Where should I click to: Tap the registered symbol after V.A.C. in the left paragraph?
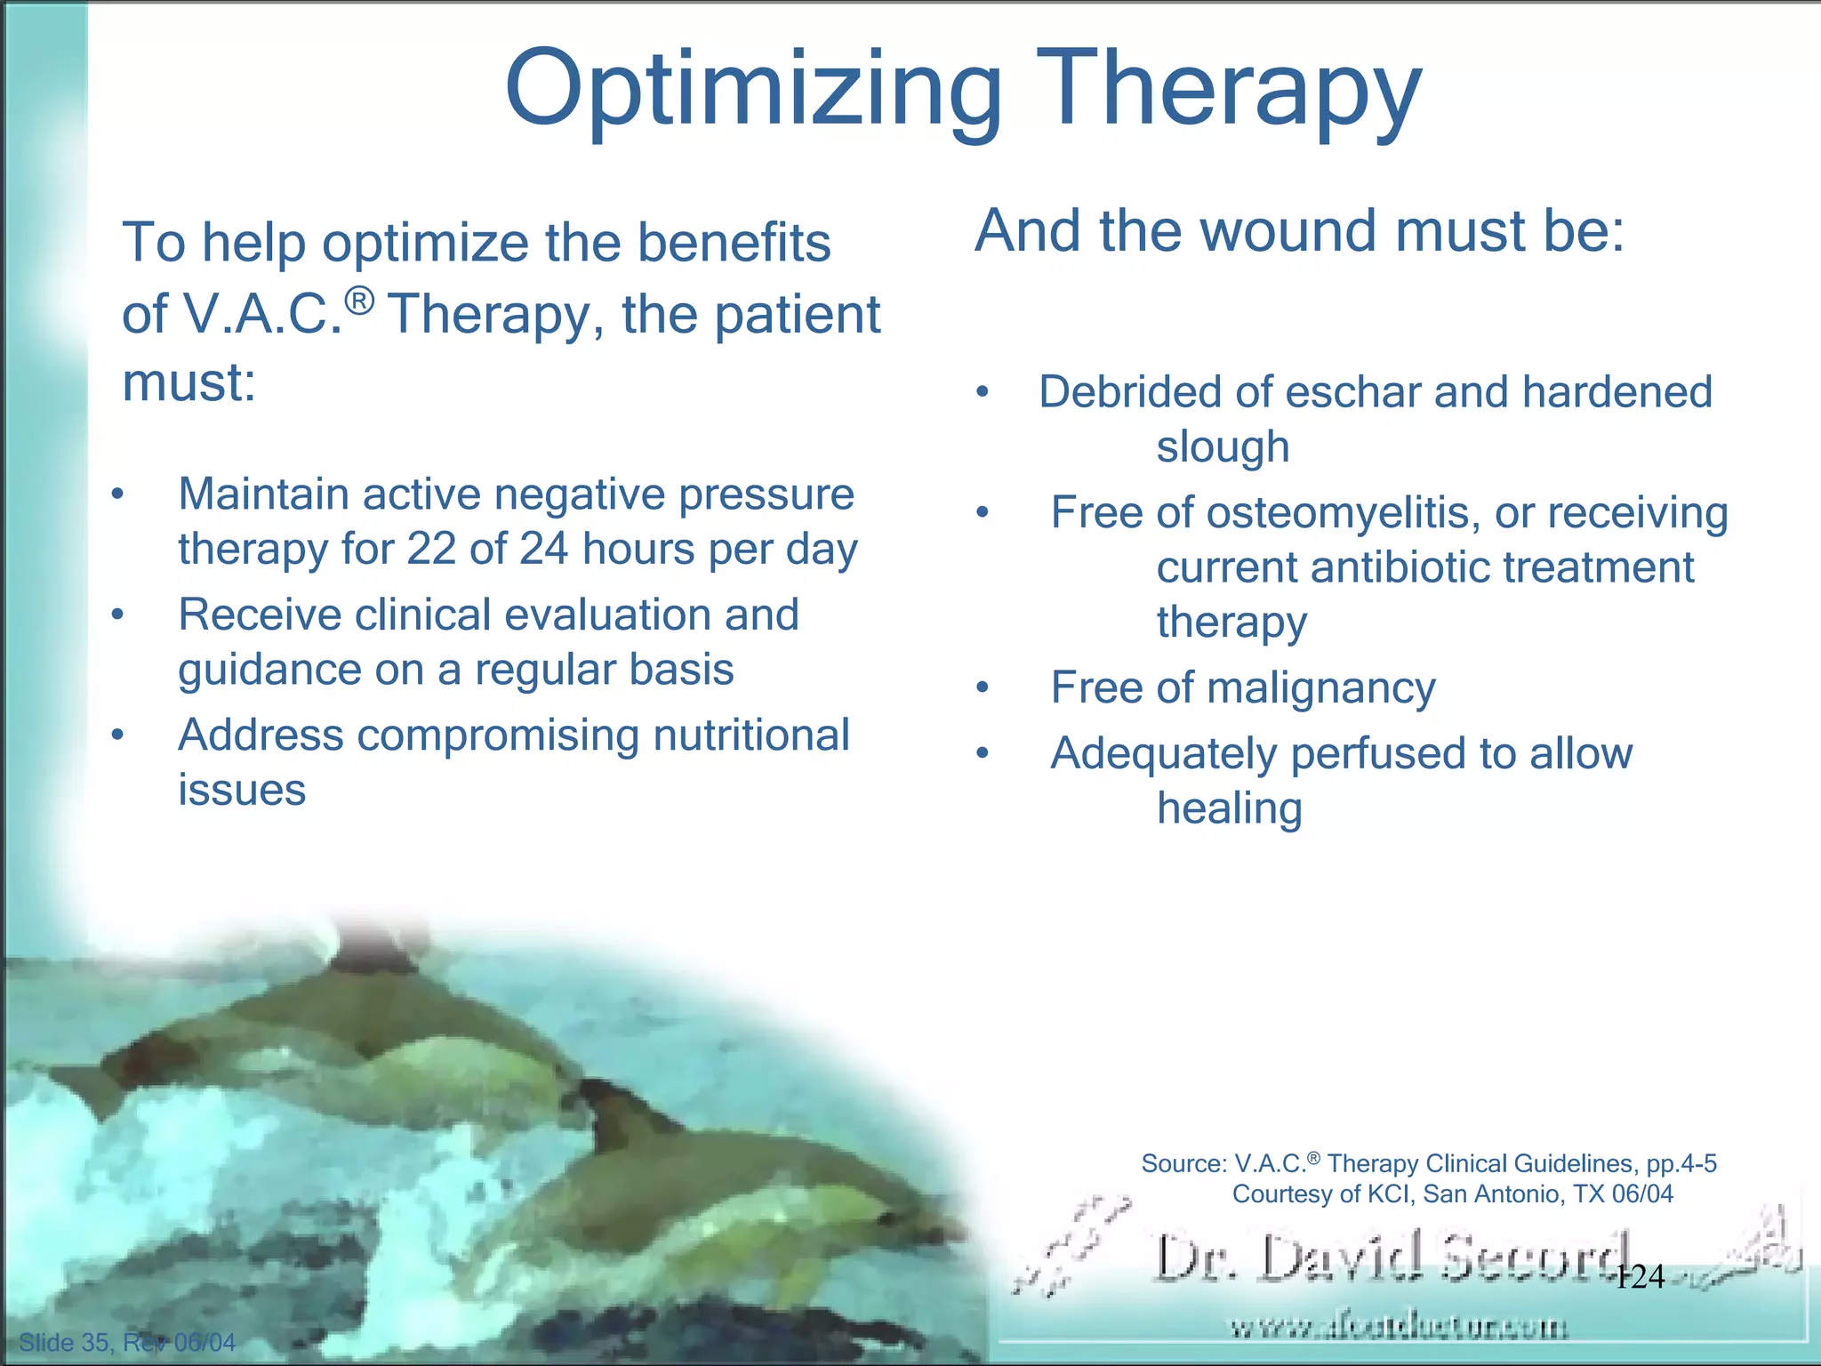[359, 302]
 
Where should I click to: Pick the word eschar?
[1353, 392]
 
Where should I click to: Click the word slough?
[1223, 446]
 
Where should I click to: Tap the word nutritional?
[751, 735]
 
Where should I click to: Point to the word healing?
[1229, 808]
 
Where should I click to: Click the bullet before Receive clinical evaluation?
[117, 615]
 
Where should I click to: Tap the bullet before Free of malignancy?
[982, 687]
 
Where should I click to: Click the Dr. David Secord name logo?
[1392, 1258]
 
